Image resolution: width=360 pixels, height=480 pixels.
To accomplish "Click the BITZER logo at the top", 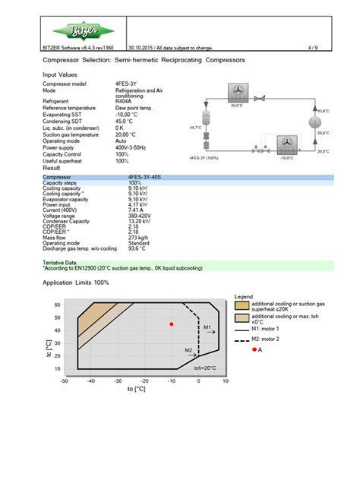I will [74, 32].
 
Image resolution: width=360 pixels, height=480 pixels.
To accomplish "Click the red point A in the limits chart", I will [172, 324].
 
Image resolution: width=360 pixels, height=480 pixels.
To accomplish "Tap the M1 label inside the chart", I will [207, 327].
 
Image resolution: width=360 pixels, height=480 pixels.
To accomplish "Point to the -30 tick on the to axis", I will [118, 381].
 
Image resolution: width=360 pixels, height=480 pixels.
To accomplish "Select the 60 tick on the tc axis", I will [58, 305].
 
